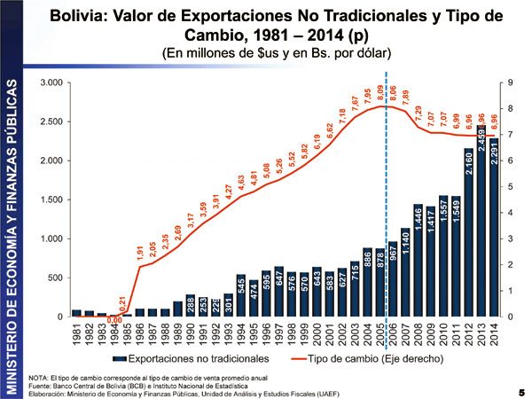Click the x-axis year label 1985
coord(127,334)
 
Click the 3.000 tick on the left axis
coord(50,83)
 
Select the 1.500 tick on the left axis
coord(50,200)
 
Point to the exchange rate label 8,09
coord(380,92)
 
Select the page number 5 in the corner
coord(521,391)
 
